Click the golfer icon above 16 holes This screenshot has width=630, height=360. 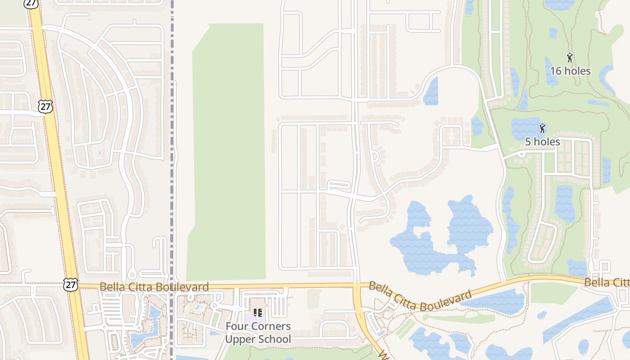(x=570, y=58)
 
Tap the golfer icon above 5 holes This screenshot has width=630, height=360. (x=542, y=128)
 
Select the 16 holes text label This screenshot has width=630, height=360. (x=570, y=71)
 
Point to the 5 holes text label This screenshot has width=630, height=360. (x=542, y=142)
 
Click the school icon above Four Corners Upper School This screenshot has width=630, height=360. (x=257, y=312)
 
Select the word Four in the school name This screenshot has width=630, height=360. (x=235, y=326)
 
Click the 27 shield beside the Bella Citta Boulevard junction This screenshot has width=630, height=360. (x=71, y=284)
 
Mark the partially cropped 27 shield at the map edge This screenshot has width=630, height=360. (x=31, y=3)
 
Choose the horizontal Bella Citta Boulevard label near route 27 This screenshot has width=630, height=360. (x=154, y=287)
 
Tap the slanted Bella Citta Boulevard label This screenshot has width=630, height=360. (x=420, y=296)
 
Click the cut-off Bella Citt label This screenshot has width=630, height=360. (x=607, y=283)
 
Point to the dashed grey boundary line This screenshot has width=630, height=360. (x=172, y=180)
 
